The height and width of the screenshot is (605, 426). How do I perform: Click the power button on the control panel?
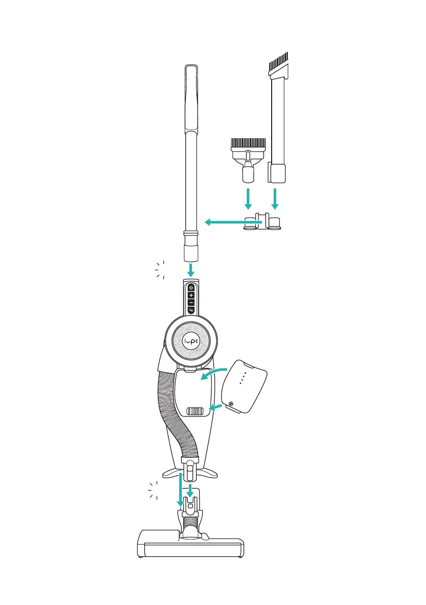190,288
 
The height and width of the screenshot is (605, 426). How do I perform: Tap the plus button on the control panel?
190,295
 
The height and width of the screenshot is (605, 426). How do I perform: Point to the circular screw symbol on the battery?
231,405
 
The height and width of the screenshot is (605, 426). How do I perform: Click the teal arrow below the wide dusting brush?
248,199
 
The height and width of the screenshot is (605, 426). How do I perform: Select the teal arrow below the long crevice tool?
275,199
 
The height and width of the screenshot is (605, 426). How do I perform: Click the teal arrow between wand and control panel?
190,270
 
